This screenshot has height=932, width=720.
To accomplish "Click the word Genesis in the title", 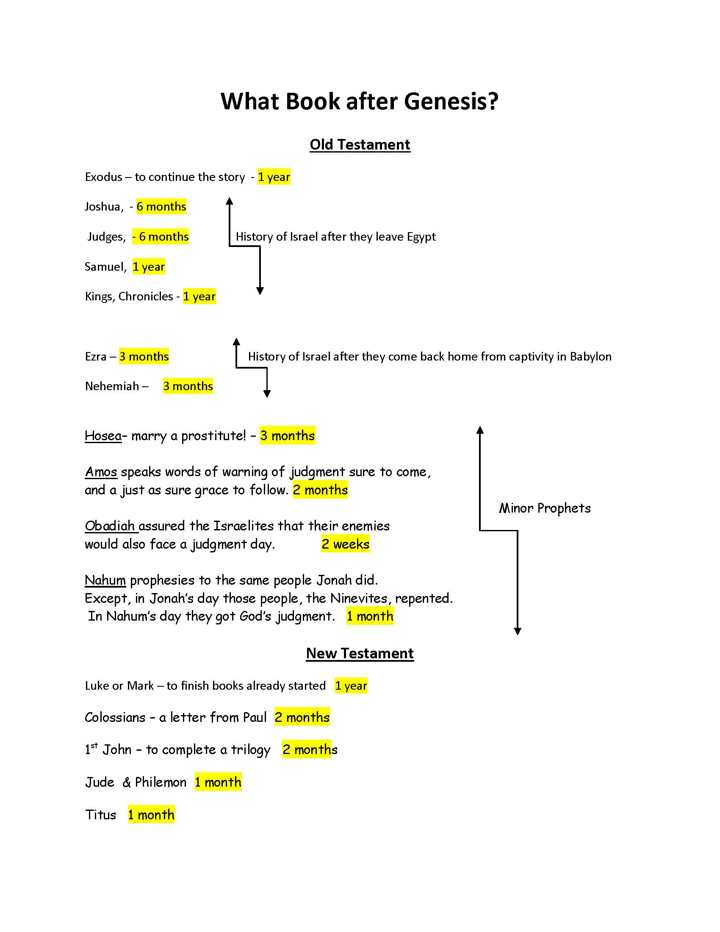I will pos(451,102).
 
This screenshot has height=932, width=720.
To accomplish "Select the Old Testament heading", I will pos(360,144).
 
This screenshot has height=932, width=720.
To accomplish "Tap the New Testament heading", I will pos(360,653).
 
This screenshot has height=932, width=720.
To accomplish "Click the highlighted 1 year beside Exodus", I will pos(274,177).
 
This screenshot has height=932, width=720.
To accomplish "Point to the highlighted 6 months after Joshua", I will pos(161,207).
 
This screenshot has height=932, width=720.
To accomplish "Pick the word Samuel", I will pos(105,267).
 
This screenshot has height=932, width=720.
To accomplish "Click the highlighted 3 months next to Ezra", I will pos(144,356).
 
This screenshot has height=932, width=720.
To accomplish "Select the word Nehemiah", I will pos(112,386).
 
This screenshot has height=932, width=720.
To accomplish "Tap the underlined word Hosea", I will pos(103,435).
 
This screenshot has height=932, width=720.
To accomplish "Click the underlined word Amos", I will pos(101,472).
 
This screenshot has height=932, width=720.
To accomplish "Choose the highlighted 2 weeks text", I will pos(346,544).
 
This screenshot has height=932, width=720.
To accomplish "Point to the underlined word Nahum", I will pos(105,580).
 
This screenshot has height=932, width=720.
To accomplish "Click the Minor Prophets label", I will pos(545,508).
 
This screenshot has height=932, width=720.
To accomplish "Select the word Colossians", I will pos(115,717).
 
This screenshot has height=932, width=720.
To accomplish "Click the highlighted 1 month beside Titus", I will pos(151,815).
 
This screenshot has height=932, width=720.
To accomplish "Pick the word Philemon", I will pos(161,782).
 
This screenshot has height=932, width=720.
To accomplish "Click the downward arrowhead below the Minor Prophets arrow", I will pos(518,632).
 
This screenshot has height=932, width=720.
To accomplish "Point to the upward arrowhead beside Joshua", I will pos(230,201).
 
